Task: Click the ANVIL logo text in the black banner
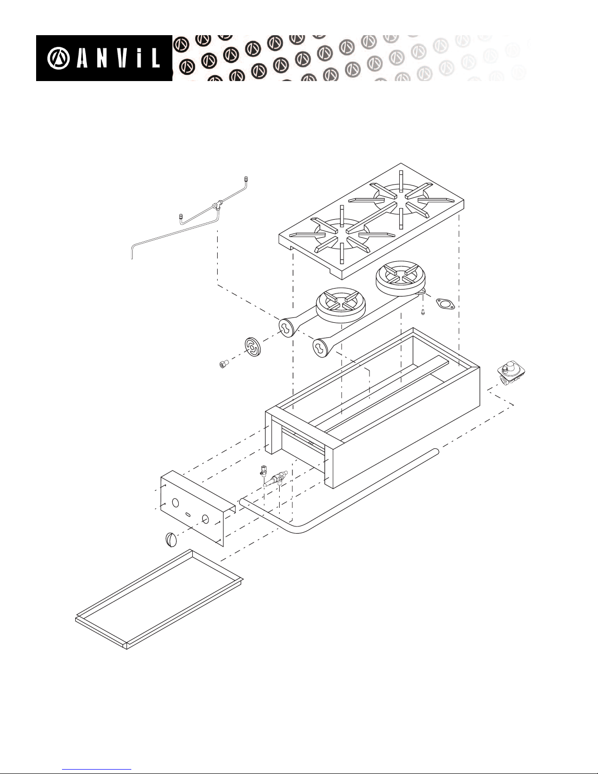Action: click(x=118, y=58)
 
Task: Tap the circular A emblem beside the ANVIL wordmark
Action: click(x=59, y=59)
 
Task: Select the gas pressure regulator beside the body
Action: click(x=511, y=377)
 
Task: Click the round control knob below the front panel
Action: click(x=171, y=539)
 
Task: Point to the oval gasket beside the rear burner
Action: click(x=445, y=304)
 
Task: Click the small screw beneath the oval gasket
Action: click(x=423, y=313)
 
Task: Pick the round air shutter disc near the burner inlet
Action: click(x=253, y=347)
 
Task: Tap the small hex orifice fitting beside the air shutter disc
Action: click(x=224, y=364)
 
